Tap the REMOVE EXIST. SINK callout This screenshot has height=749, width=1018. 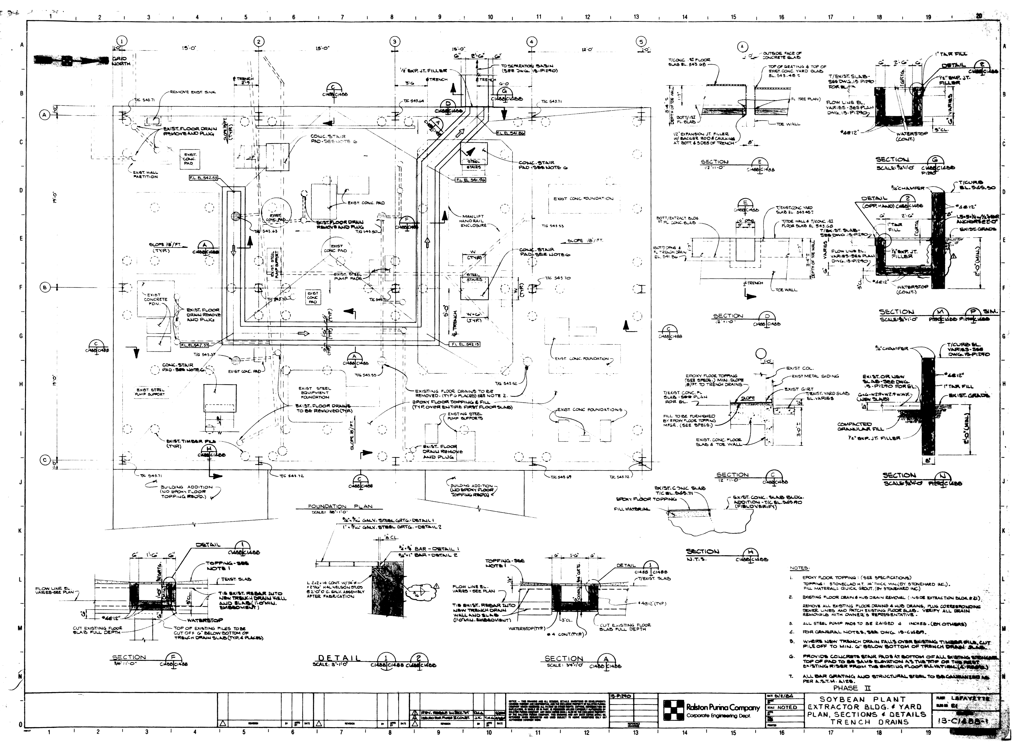193,92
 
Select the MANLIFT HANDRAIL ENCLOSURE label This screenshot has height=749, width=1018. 474,221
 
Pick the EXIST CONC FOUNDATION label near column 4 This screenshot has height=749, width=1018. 583,198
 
